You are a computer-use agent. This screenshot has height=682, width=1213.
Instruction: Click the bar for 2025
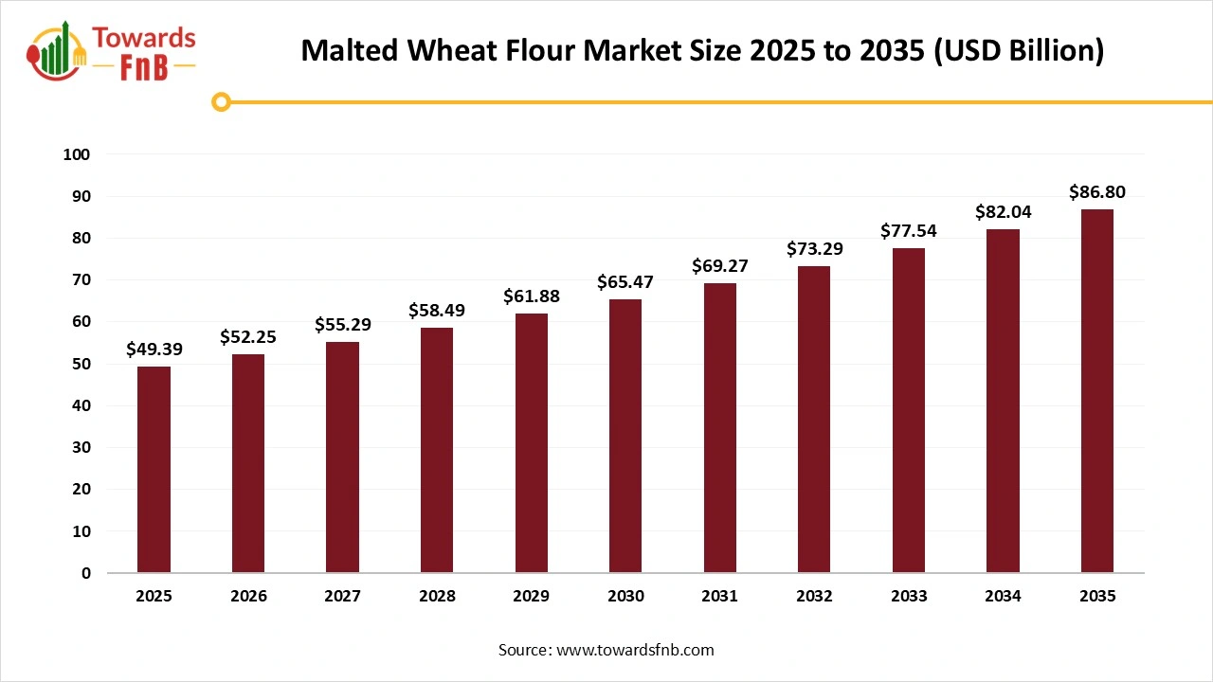click(x=154, y=469)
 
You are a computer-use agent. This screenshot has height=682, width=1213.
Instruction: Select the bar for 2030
click(x=625, y=436)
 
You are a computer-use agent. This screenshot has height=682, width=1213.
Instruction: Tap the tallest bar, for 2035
click(x=1097, y=390)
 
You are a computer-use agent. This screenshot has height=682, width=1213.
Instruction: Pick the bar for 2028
click(x=437, y=450)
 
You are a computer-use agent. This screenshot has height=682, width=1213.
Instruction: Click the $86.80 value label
click(x=1097, y=192)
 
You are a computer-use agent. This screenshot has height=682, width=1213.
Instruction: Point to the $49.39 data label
click(x=154, y=350)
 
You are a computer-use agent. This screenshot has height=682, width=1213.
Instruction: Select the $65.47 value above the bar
click(x=625, y=281)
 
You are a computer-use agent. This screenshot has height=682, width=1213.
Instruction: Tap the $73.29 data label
click(x=814, y=249)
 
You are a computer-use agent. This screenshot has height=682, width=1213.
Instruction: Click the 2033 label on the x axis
click(x=909, y=596)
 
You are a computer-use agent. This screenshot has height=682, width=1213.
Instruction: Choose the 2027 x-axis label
click(x=342, y=596)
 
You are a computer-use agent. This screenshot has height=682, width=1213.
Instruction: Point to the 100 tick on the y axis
click(x=77, y=154)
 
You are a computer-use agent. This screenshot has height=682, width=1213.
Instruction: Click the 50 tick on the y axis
click(x=81, y=364)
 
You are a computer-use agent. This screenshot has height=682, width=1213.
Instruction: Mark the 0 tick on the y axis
click(x=86, y=573)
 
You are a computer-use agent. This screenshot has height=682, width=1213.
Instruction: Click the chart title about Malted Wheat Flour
click(x=702, y=51)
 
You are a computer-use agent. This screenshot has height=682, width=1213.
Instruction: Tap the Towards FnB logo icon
click(x=57, y=52)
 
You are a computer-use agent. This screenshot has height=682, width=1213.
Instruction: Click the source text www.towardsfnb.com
click(x=606, y=650)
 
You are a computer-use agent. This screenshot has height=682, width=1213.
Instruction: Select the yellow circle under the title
click(x=222, y=101)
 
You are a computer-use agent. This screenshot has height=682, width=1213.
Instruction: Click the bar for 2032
click(x=814, y=420)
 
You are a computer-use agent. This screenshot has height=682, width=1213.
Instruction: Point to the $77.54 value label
click(x=909, y=231)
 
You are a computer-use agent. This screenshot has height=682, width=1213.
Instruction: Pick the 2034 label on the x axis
click(x=1003, y=596)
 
